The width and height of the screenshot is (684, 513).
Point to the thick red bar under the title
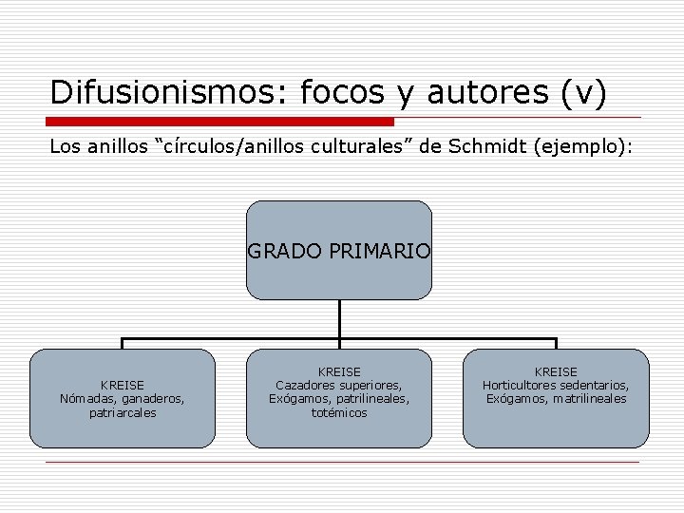click(220, 122)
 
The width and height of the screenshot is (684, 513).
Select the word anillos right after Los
click(115, 147)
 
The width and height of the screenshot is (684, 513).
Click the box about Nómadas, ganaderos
click(123, 398)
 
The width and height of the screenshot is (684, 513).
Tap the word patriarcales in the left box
click(123, 413)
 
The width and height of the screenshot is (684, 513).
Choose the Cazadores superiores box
click(339, 398)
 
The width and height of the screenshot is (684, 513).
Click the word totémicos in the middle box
click(339, 413)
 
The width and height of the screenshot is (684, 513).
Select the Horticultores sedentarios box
click(556, 398)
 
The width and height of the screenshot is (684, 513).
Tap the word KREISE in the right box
click(556, 371)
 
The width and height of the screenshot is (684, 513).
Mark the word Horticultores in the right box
click(521, 385)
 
